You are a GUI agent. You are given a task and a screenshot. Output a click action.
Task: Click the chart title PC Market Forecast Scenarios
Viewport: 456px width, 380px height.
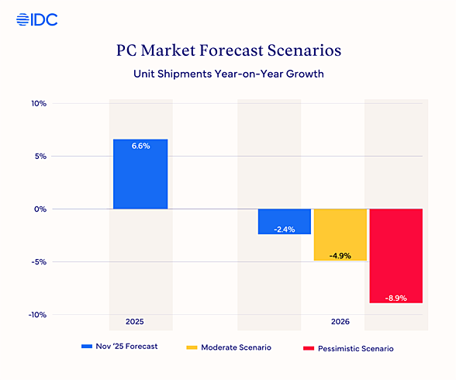pos(227,53)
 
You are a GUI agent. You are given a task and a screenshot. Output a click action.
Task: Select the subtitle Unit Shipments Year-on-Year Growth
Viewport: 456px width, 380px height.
pos(227,75)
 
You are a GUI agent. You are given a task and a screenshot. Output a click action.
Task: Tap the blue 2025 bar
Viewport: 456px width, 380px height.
pos(140,174)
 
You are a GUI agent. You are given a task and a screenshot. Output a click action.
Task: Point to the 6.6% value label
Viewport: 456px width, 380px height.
pos(140,146)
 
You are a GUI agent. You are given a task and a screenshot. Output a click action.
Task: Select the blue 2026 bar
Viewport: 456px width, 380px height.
pos(285,220)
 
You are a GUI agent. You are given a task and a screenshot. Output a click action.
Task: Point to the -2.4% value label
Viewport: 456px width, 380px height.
pos(285,229)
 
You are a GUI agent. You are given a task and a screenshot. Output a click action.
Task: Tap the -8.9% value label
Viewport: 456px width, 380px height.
pos(396,298)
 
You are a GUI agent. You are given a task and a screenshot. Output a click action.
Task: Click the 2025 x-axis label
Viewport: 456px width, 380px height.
pos(135,321)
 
